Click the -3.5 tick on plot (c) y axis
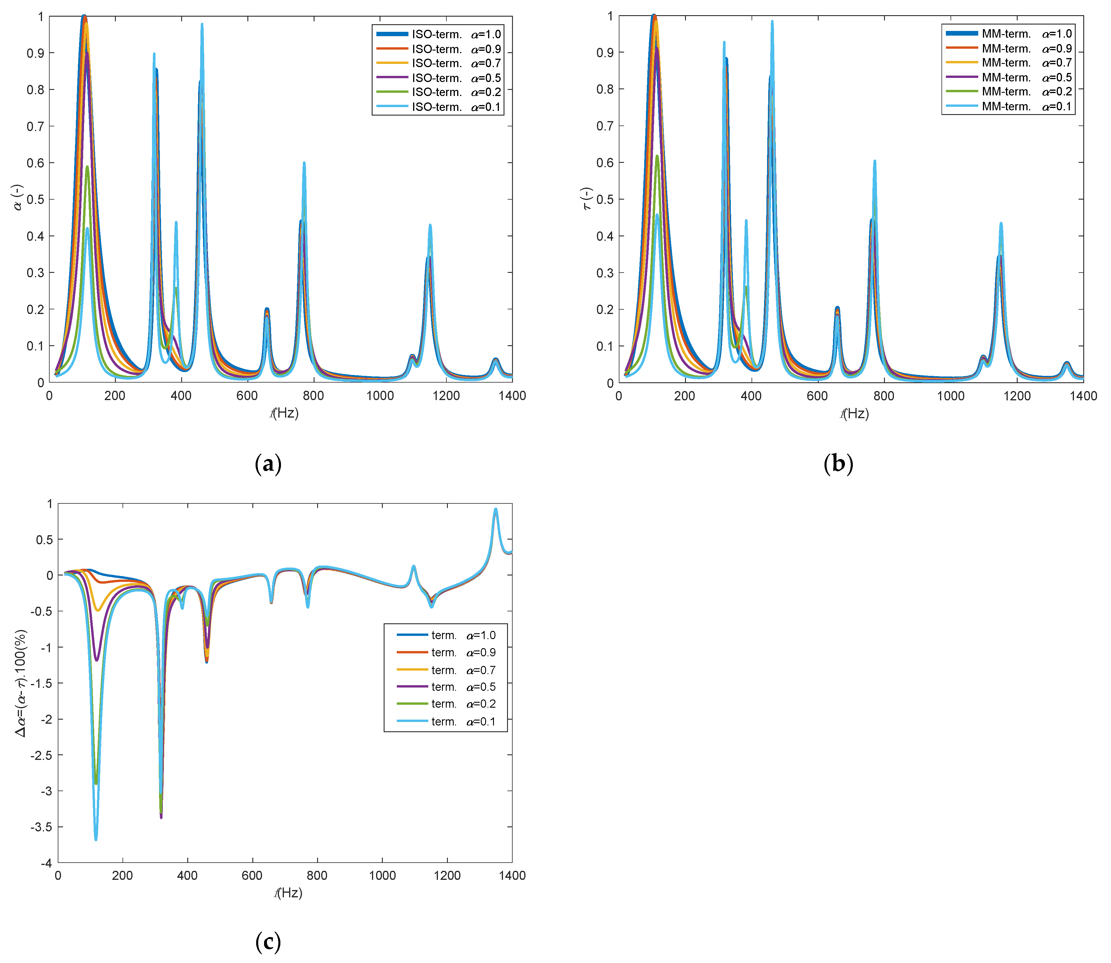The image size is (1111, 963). [x=42, y=826]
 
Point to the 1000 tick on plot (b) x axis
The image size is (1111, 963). [x=950, y=396]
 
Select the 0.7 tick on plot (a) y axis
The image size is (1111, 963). [x=36, y=126]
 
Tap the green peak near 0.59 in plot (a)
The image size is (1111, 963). [x=87, y=167]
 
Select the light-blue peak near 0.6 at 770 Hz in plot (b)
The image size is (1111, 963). [x=875, y=161]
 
